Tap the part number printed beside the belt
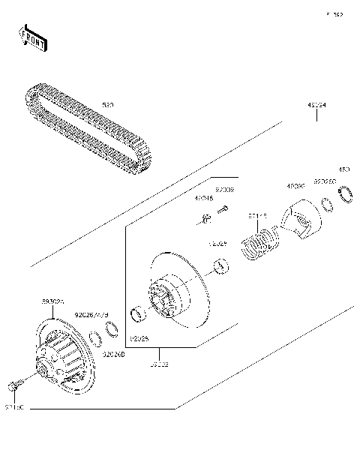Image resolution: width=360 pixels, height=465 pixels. click(x=108, y=106)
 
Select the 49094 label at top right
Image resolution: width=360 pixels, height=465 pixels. click(x=316, y=106)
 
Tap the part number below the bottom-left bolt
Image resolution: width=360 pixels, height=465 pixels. click(x=15, y=406)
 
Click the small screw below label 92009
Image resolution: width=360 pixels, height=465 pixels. click(x=222, y=212)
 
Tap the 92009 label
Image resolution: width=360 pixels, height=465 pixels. click(x=225, y=190)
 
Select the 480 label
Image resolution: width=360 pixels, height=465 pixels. click(x=345, y=170)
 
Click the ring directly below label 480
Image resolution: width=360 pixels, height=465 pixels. click(x=348, y=196)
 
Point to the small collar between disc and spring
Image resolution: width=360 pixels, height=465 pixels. click(x=220, y=265)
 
